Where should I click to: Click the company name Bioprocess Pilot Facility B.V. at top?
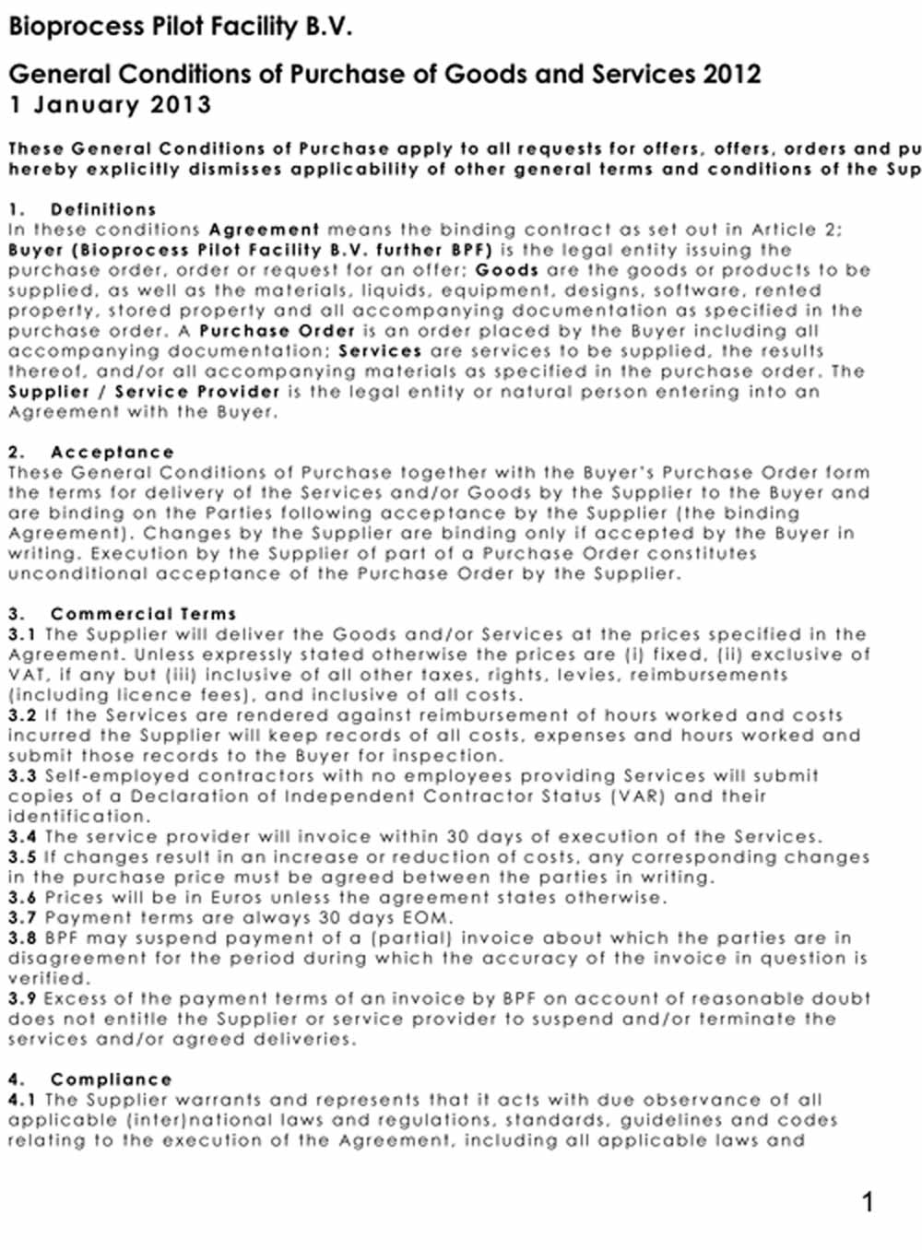click(181, 27)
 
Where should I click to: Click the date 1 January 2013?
click(110, 104)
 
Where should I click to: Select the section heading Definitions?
click(103, 209)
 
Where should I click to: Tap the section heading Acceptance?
click(112, 452)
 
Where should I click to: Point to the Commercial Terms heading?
click(143, 613)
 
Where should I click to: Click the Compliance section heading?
click(111, 1079)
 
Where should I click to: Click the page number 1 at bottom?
click(867, 1201)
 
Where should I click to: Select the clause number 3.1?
click(22, 634)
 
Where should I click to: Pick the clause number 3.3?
click(22, 776)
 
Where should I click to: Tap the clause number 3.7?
click(22, 918)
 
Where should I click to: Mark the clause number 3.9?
click(22, 998)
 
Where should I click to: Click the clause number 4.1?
click(22, 1100)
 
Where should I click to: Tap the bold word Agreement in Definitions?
click(264, 230)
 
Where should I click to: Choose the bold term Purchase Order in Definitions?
click(277, 331)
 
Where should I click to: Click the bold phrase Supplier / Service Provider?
click(144, 392)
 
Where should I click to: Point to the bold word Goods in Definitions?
click(507, 270)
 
